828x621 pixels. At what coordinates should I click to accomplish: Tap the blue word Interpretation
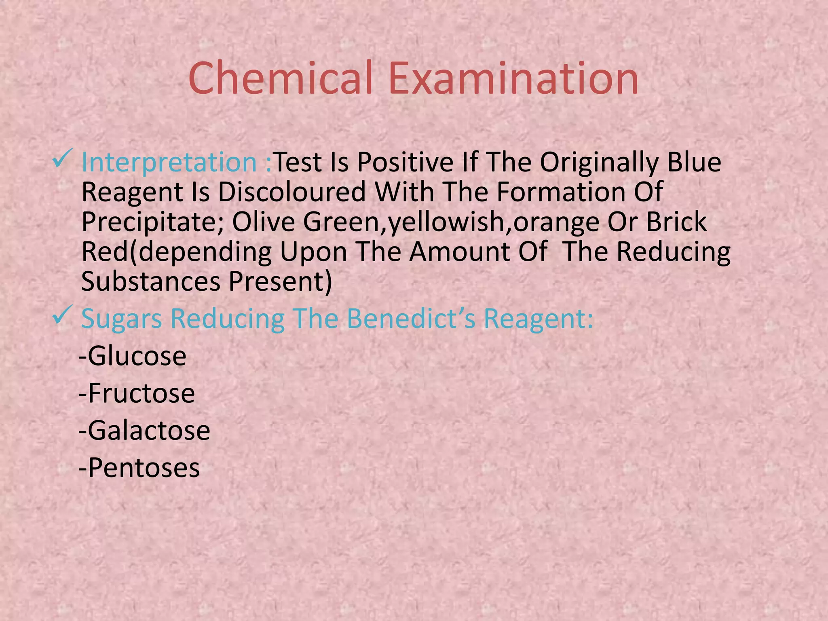tap(169, 163)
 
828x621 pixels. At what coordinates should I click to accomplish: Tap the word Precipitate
tap(152, 222)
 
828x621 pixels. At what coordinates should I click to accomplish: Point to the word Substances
tap(150, 281)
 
